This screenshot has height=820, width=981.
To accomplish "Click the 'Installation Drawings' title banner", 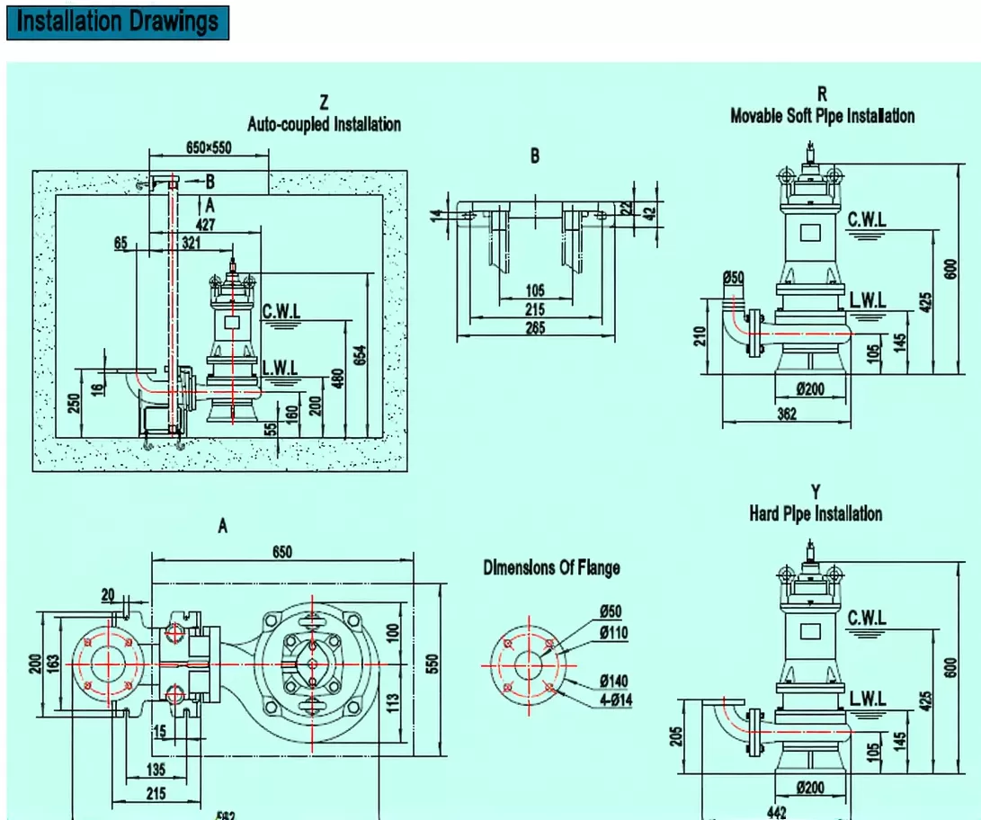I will click(x=118, y=22).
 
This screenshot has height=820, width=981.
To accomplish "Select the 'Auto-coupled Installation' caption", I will click(x=324, y=124).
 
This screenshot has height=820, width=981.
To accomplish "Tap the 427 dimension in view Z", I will click(x=205, y=225).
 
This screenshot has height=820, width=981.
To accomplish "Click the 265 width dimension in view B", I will click(x=535, y=328).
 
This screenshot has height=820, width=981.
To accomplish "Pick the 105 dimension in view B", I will click(x=535, y=290).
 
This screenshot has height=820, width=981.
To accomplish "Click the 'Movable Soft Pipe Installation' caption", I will click(x=822, y=116).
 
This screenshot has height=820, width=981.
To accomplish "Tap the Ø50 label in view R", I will click(x=733, y=278).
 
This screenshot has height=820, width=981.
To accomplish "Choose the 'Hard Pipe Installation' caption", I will click(x=816, y=514).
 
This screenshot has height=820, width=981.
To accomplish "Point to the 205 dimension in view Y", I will click(x=677, y=735).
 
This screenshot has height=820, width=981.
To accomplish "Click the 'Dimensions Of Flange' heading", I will click(x=551, y=567).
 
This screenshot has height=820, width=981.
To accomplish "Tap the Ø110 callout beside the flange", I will click(x=613, y=633).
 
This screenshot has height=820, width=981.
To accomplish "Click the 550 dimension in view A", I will click(x=432, y=663).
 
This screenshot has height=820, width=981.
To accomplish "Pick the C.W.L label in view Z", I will click(x=281, y=310).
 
